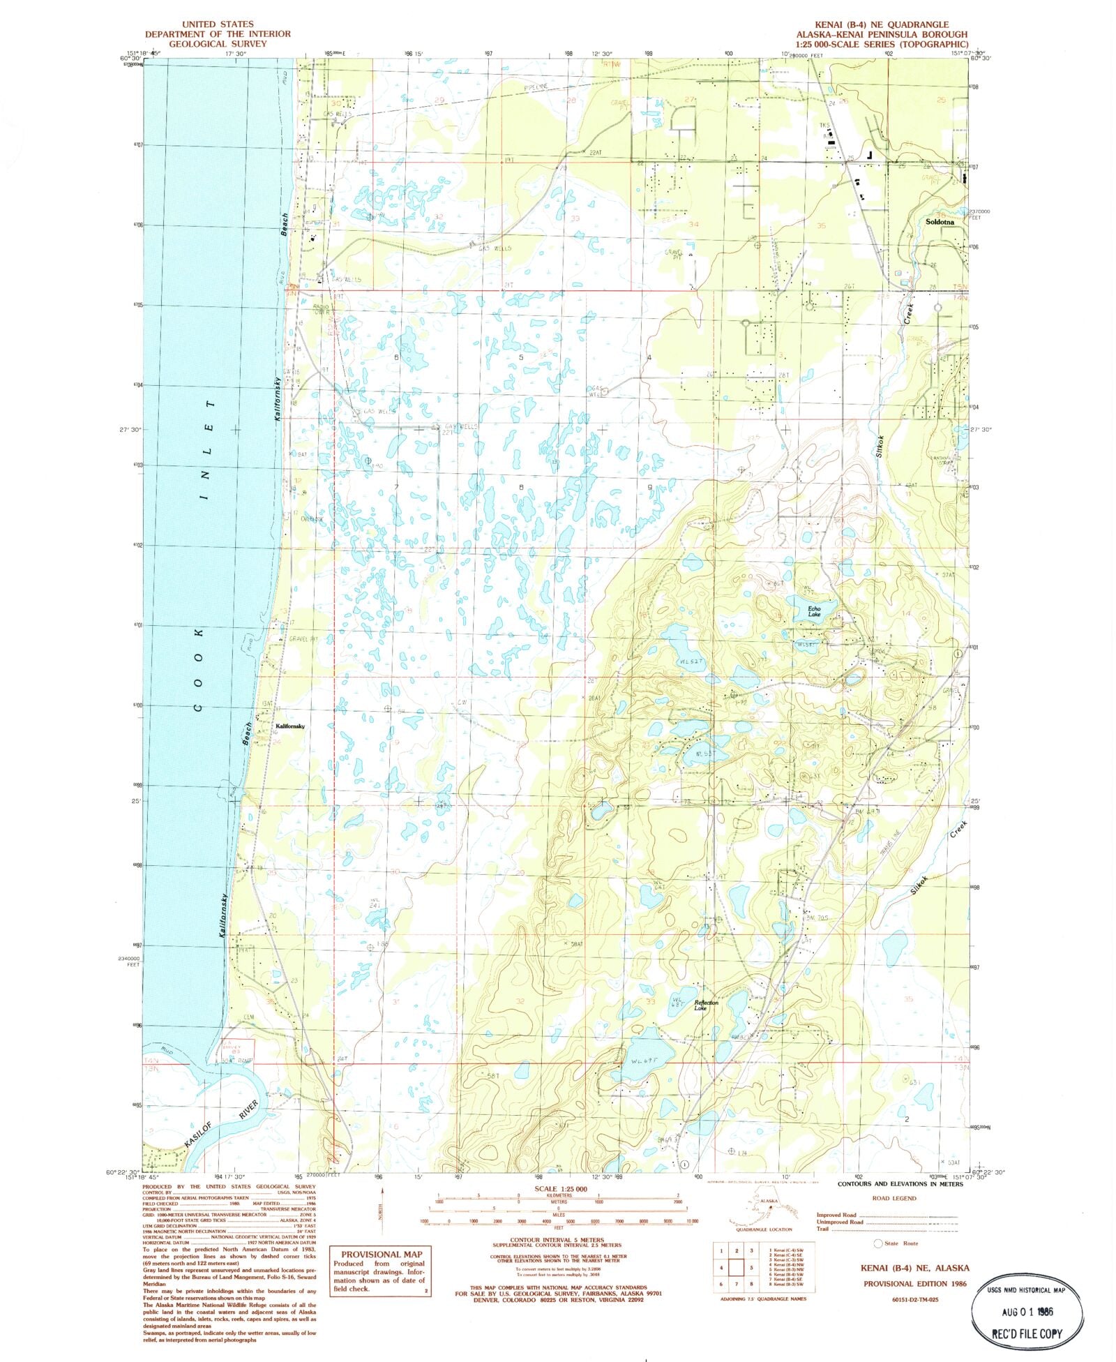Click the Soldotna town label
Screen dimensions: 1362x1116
pyautogui.click(x=939, y=222)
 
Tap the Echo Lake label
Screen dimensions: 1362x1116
pyautogui.click(x=814, y=612)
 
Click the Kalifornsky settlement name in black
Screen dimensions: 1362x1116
pyautogui.click(x=290, y=726)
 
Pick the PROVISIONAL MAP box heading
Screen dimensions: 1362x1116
pyautogui.click(x=382, y=1254)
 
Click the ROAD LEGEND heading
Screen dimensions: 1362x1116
pyautogui.click(x=894, y=1198)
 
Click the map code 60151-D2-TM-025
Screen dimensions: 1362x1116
pyautogui.click(x=914, y=1300)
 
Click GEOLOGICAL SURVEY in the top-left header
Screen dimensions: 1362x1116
pyautogui.click(x=217, y=43)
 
